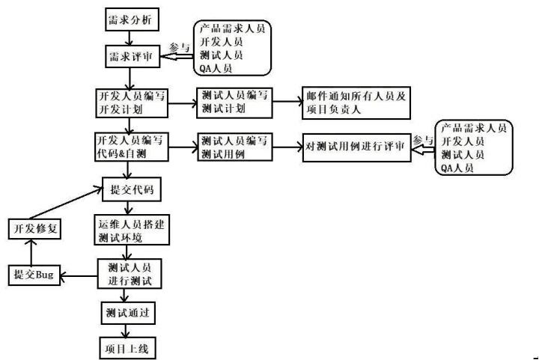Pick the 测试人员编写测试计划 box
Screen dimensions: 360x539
click(x=233, y=103)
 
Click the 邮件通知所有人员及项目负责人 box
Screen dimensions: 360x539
click(x=356, y=103)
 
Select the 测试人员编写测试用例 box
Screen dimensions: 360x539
click(x=233, y=146)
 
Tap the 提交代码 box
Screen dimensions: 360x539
click(x=130, y=189)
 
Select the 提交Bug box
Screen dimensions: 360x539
click(x=33, y=275)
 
